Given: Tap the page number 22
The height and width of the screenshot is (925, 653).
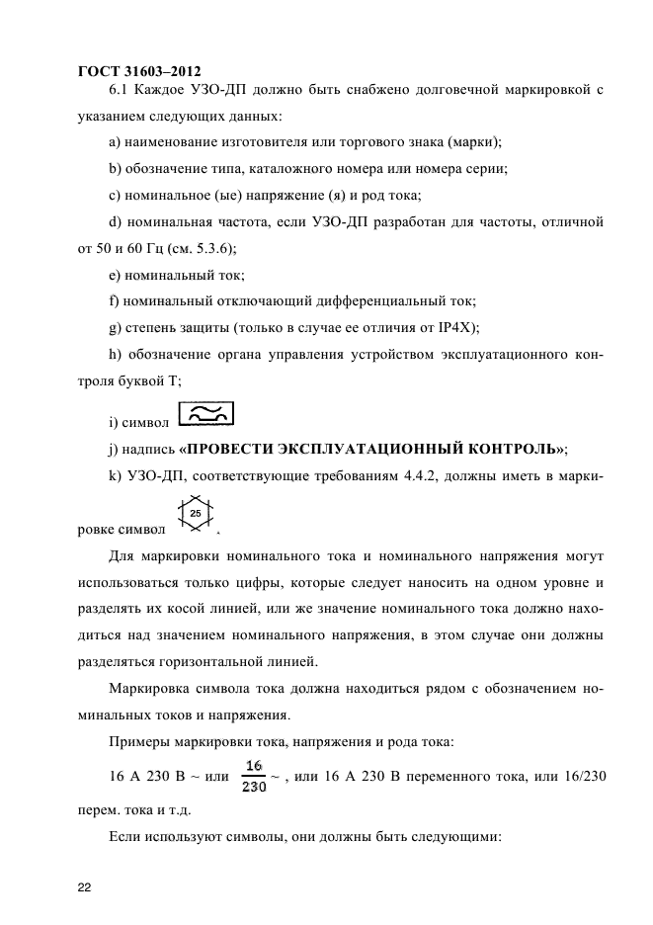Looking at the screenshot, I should [85, 888].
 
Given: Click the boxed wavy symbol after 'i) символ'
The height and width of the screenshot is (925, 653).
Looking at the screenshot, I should [205, 416].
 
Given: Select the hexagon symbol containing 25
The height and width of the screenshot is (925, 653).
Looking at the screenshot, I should [196, 514].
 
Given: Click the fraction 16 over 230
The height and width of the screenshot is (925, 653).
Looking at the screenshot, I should [254, 776].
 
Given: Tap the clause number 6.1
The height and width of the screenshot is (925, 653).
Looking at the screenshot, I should [119, 91].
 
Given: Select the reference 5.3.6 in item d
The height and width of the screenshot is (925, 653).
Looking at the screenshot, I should [209, 247].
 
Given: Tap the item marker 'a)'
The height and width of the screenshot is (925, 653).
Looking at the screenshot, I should [115, 142].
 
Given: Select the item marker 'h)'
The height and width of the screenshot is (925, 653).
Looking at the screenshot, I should [115, 353].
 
